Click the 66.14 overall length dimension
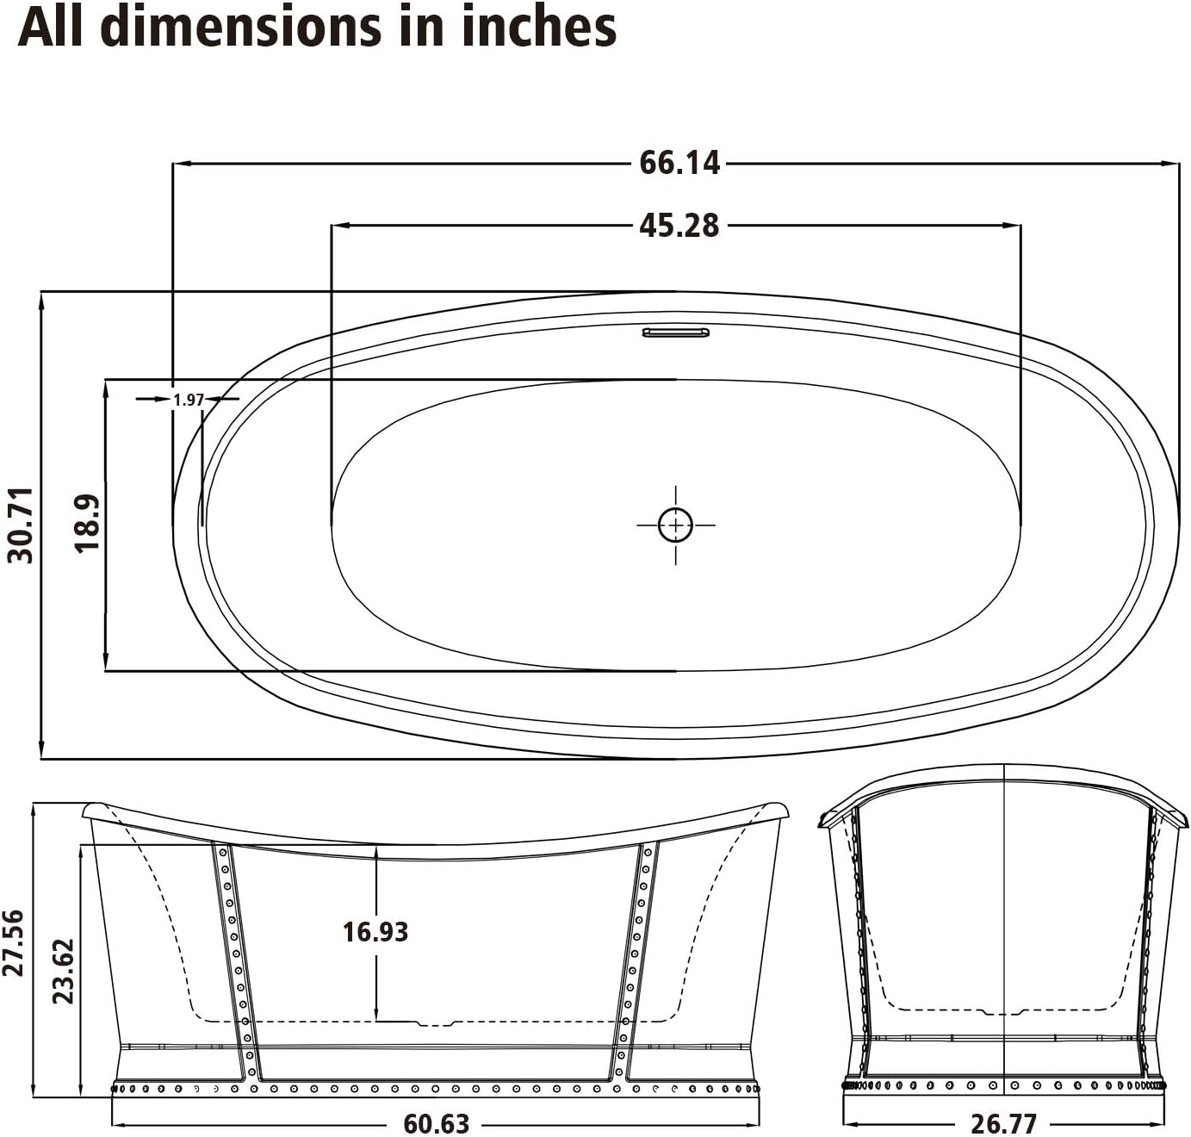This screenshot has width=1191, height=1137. point(679,163)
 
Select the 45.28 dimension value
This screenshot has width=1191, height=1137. point(679,226)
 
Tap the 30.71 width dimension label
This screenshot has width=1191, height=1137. point(22,525)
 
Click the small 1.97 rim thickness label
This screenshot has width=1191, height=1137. point(188,400)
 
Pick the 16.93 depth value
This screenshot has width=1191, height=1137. point(375,932)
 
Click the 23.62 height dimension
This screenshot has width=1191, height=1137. point(62,971)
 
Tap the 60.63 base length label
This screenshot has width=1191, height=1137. point(436,1124)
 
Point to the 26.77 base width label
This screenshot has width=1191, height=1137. point(1004,1124)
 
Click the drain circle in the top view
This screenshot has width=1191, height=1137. point(675,525)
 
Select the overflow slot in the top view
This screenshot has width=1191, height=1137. point(675,332)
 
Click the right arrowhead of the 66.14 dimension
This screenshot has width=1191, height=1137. point(1172,163)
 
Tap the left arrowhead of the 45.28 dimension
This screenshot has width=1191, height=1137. point(340,226)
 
